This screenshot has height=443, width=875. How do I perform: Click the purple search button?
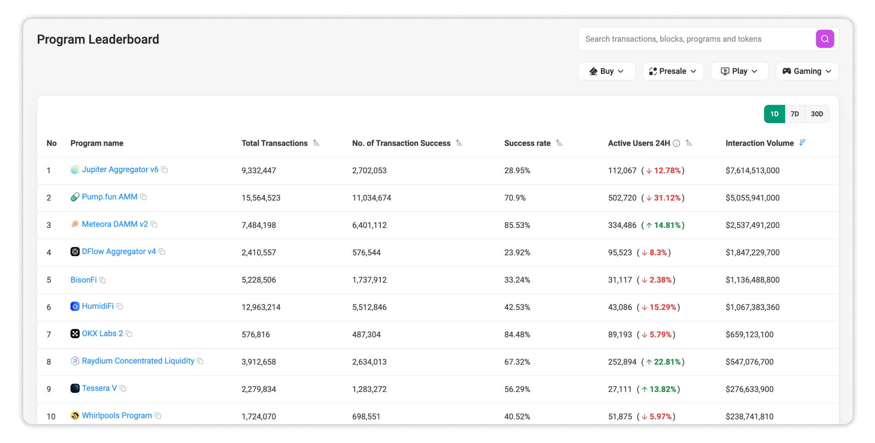pyautogui.click(x=824, y=39)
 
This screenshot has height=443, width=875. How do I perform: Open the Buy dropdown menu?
pyautogui.click(x=606, y=71)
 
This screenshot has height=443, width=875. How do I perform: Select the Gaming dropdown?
pyautogui.click(x=807, y=71)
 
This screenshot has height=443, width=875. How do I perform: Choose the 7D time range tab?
pyautogui.click(x=794, y=114)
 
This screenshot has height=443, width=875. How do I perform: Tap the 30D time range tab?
pyautogui.click(x=817, y=114)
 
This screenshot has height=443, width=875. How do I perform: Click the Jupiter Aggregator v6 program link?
pyautogui.click(x=120, y=170)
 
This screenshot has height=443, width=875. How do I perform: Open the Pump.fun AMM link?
pyautogui.click(x=110, y=197)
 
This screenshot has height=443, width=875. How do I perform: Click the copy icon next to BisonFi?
pyautogui.click(x=103, y=280)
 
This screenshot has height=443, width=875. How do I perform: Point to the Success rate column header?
pyautogui.click(x=527, y=143)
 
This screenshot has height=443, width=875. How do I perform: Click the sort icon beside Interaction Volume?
pyautogui.click(x=802, y=143)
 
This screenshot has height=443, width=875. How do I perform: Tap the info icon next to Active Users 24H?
pyautogui.click(x=676, y=143)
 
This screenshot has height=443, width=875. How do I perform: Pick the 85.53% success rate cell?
pyautogui.click(x=517, y=225)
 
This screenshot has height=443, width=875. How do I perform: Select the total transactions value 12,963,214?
pyautogui.click(x=261, y=307)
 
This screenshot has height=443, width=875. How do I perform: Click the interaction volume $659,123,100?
pyautogui.click(x=749, y=335)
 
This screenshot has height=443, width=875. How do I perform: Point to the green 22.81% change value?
pyautogui.click(x=667, y=362)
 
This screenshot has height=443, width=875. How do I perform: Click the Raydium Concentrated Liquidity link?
pyautogui.click(x=138, y=361)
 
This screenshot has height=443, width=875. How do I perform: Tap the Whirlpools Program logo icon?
pyautogui.click(x=75, y=416)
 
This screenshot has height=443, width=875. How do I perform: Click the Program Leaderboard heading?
pyautogui.click(x=98, y=39)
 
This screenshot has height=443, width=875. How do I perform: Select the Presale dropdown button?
pyautogui.click(x=673, y=71)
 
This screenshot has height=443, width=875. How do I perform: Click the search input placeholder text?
pyautogui.click(x=673, y=39)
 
